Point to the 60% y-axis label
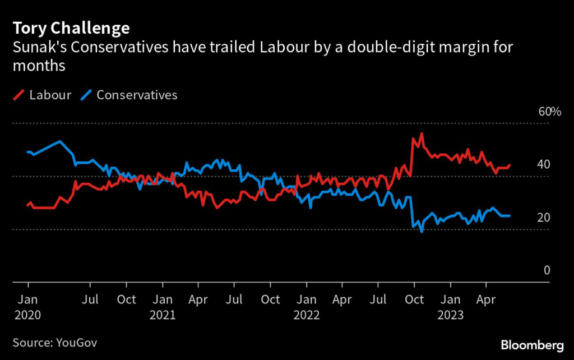549,112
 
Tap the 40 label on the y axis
543,165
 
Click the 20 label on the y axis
543,218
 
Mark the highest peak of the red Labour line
421,133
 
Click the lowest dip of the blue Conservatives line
422,232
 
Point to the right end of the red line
510,165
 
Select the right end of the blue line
510,216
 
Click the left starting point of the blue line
27,152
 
